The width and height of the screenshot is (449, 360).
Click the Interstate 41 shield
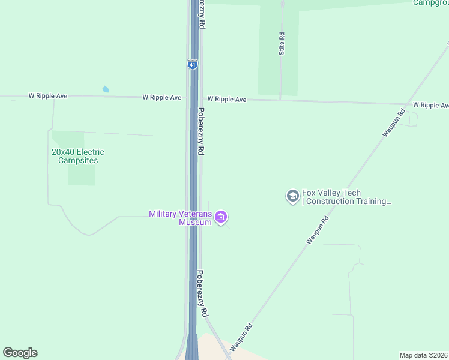pyautogui.click(x=192, y=64)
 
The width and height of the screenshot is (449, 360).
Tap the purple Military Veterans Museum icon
pyautogui.click(x=221, y=217)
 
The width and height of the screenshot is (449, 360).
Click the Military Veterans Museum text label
pyautogui.click(x=180, y=218)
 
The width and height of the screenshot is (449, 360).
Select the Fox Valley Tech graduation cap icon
pyautogui.click(x=292, y=196)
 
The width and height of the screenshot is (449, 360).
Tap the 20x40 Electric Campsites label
pyautogui.click(x=74, y=156)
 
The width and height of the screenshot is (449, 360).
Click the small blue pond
pyautogui.click(x=106, y=89)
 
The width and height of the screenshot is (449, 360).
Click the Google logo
pyautogui.click(x=20, y=353)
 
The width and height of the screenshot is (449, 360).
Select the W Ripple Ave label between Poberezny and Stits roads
pyautogui.click(x=227, y=99)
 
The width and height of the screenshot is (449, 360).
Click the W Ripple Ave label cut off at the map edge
pyautogui.click(x=430, y=105)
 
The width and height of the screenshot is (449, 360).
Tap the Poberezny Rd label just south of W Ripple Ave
pyautogui.click(x=202, y=131)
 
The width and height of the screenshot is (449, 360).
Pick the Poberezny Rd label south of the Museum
pyautogui.click(x=203, y=293)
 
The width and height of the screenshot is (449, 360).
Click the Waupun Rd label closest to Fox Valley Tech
pyautogui.click(x=318, y=230)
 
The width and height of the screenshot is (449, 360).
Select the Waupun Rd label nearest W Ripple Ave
pyautogui.click(x=394, y=122)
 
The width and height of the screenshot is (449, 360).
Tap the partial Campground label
pyautogui.click(x=430, y=2)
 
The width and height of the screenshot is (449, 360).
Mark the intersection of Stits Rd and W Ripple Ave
pyautogui.click(x=280, y=100)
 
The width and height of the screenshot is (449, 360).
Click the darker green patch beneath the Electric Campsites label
pyautogui.click(x=81, y=175)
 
